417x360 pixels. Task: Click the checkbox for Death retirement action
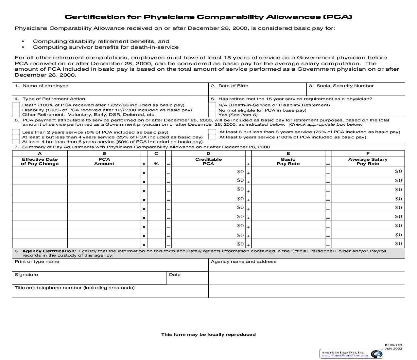(16, 105)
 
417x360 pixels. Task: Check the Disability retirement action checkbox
(16, 110)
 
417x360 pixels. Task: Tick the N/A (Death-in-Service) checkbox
(212, 105)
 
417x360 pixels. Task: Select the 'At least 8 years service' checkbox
(212, 137)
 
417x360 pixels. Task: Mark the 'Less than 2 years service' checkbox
(16, 132)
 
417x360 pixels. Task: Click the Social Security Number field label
(345, 86)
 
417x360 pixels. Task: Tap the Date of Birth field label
(233, 86)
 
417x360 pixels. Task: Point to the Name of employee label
(45, 86)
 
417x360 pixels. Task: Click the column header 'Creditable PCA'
(208, 162)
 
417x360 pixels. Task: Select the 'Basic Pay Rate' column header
(288, 162)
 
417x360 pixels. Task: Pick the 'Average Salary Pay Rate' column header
(368, 162)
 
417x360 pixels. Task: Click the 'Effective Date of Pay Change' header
(40, 162)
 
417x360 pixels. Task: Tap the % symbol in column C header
(156, 164)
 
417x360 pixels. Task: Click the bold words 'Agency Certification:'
(49, 251)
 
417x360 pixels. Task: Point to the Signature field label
(26, 275)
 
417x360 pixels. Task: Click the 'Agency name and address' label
(243, 261)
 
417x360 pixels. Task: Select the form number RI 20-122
(393, 345)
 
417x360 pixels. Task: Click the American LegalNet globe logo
(377, 354)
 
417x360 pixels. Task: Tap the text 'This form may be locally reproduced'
(208, 334)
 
